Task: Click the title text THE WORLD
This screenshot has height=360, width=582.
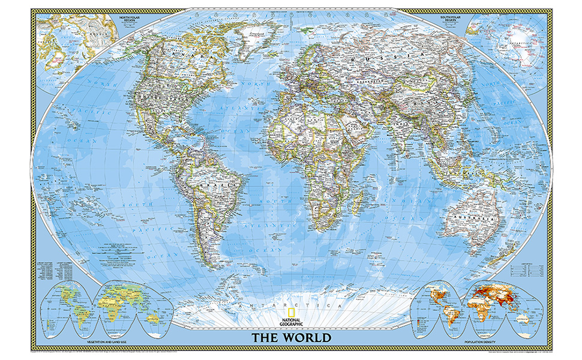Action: pyautogui.click(x=290, y=337)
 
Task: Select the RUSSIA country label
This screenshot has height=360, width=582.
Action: pyautogui.click(x=384, y=53)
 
